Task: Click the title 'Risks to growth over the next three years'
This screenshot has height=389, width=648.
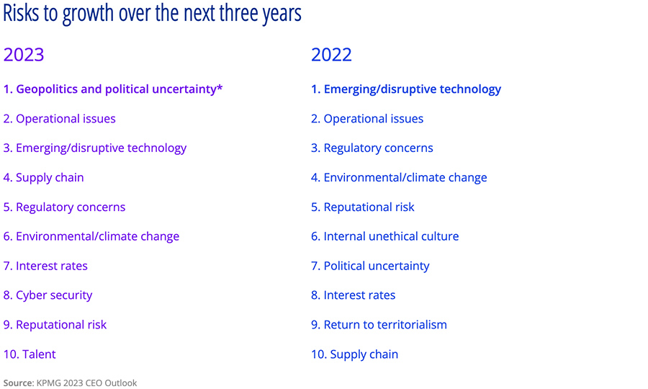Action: pyautogui.click(x=152, y=14)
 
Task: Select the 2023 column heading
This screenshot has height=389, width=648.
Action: pyautogui.click(x=24, y=55)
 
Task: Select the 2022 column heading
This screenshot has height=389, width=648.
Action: pyautogui.click(x=331, y=55)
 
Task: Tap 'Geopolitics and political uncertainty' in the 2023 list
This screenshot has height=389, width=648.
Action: pyautogui.click(x=115, y=89)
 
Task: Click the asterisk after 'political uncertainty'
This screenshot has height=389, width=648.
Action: pyautogui.click(x=220, y=88)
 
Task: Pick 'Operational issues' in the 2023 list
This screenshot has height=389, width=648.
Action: pyautogui.click(x=65, y=119)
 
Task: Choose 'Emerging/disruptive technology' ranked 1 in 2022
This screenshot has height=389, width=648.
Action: pyautogui.click(x=412, y=89)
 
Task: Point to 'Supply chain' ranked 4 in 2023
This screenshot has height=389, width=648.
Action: pyautogui.click(x=49, y=178)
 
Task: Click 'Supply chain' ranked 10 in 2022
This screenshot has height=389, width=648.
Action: pyautogui.click(x=363, y=354)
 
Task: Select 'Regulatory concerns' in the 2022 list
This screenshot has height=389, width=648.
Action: pyautogui.click(x=378, y=148)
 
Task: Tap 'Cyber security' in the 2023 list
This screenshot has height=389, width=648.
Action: pyautogui.click(x=54, y=295)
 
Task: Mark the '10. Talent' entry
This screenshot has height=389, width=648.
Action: pyautogui.click(x=30, y=354)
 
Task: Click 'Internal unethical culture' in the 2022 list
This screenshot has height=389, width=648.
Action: pyautogui.click(x=390, y=236)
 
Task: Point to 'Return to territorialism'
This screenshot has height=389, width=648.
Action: pyautogui.click(x=384, y=325)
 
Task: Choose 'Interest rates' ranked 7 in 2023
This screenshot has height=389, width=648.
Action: pyautogui.click(x=51, y=266)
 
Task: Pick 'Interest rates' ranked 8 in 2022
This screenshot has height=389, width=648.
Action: pyautogui.click(x=359, y=295)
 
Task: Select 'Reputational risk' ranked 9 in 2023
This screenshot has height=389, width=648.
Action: pyautogui.click(x=60, y=325)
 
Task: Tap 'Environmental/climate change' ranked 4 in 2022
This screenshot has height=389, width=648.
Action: pyautogui.click(x=405, y=178)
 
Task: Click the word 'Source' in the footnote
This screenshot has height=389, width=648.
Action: pyautogui.click(x=18, y=383)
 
